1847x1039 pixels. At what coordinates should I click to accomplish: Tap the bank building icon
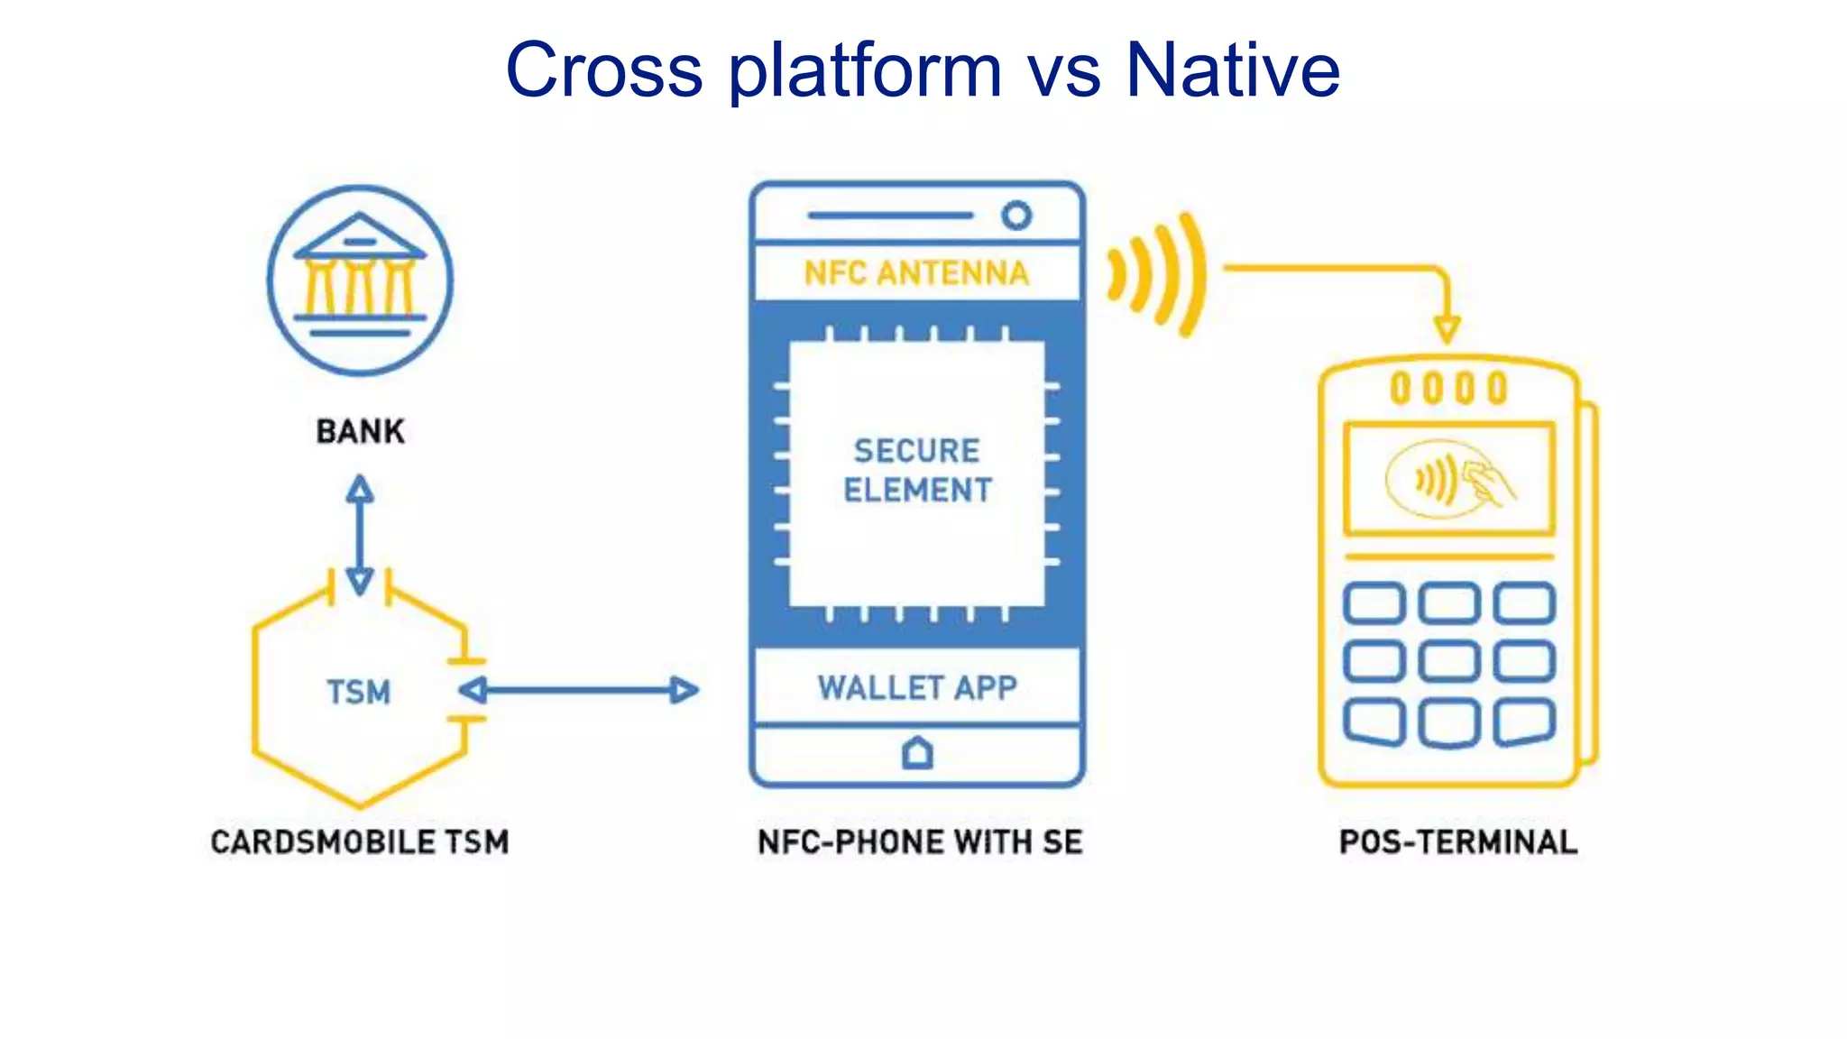[360, 280]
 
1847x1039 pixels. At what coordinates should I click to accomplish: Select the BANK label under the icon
[360, 431]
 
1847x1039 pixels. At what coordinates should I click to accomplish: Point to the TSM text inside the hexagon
[358, 692]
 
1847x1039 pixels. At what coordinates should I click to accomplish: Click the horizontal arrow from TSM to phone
[578, 691]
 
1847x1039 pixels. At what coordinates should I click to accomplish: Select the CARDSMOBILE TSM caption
[360, 841]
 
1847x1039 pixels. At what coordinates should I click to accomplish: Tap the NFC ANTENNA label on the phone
[916, 272]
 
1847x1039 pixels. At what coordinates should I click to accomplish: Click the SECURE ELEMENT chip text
[916, 470]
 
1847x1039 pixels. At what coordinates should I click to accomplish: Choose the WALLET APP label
[917, 687]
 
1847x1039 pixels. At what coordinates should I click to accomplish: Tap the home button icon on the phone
[917, 752]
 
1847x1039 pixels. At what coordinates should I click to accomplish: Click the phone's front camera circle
[1016, 216]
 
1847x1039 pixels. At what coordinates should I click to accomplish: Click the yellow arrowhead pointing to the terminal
[1447, 328]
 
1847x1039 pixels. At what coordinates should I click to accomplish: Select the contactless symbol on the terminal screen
[1447, 479]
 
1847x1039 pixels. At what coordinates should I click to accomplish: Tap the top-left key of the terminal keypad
[1374, 602]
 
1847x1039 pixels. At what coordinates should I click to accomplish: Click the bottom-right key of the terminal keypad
[1524, 722]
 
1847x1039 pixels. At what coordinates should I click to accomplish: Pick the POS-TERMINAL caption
[1457, 841]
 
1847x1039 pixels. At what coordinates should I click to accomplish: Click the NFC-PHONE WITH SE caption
[919, 841]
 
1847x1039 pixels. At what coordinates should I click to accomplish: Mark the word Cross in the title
[603, 70]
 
